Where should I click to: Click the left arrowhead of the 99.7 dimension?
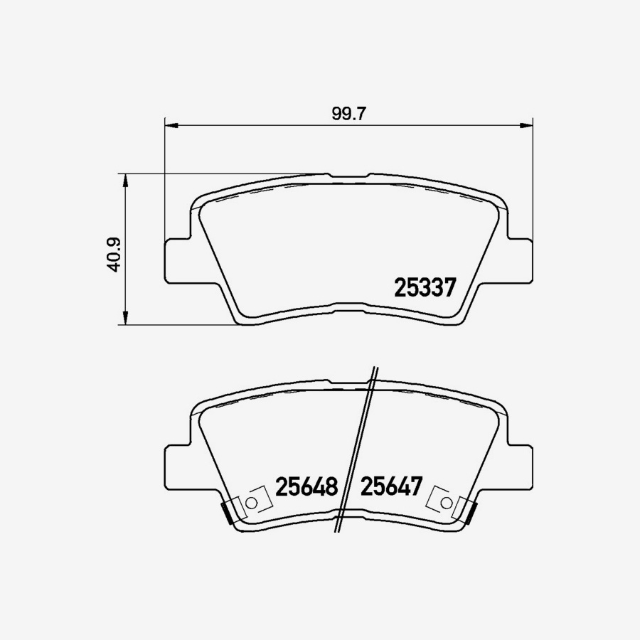coord(171,126)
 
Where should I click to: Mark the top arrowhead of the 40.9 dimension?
coord(126,179)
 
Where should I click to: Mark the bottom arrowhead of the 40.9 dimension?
coord(126,318)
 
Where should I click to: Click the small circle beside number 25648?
coord(250,503)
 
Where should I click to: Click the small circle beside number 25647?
coord(446,503)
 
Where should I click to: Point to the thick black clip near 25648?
coord(228,512)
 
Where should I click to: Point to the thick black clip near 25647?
coord(469,512)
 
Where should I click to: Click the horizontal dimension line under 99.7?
coord(284,126)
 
